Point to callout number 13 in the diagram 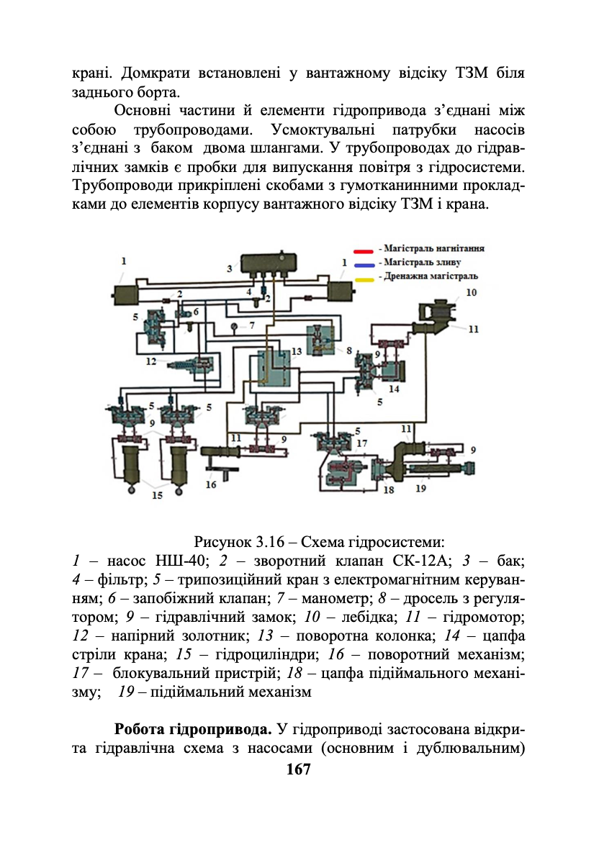pos(297,352)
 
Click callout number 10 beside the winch pos(471,292)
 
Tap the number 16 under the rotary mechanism pos(210,484)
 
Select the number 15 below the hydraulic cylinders pos(156,495)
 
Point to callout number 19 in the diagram pos(421,488)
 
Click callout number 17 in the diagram pos(361,443)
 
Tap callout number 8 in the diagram pos(348,351)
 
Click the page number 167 pos(298,769)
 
